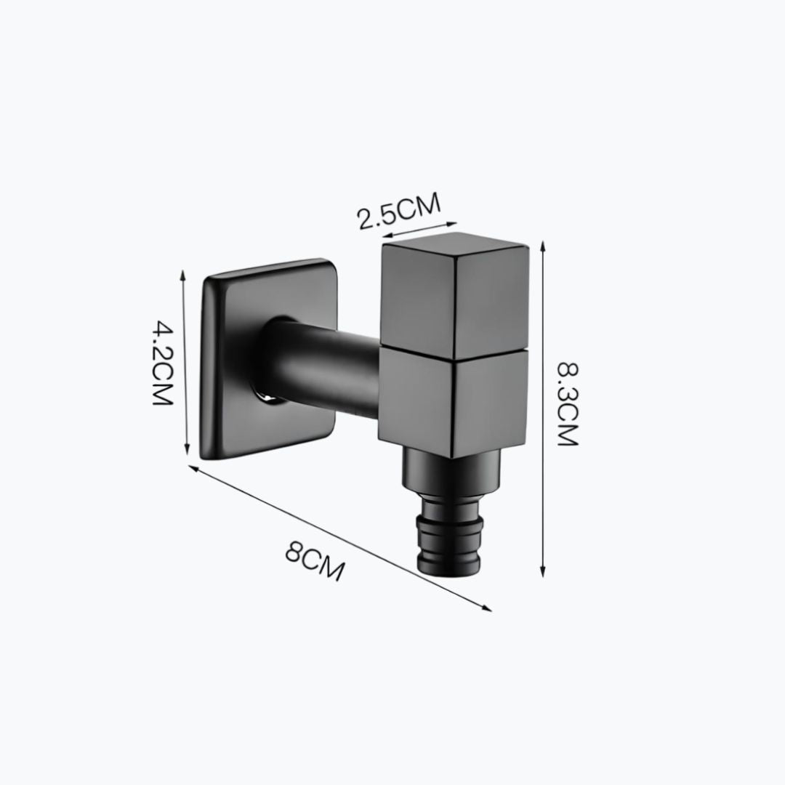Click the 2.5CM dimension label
pos(399,210)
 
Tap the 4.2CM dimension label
pos(162,363)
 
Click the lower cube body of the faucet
pos(454,400)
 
